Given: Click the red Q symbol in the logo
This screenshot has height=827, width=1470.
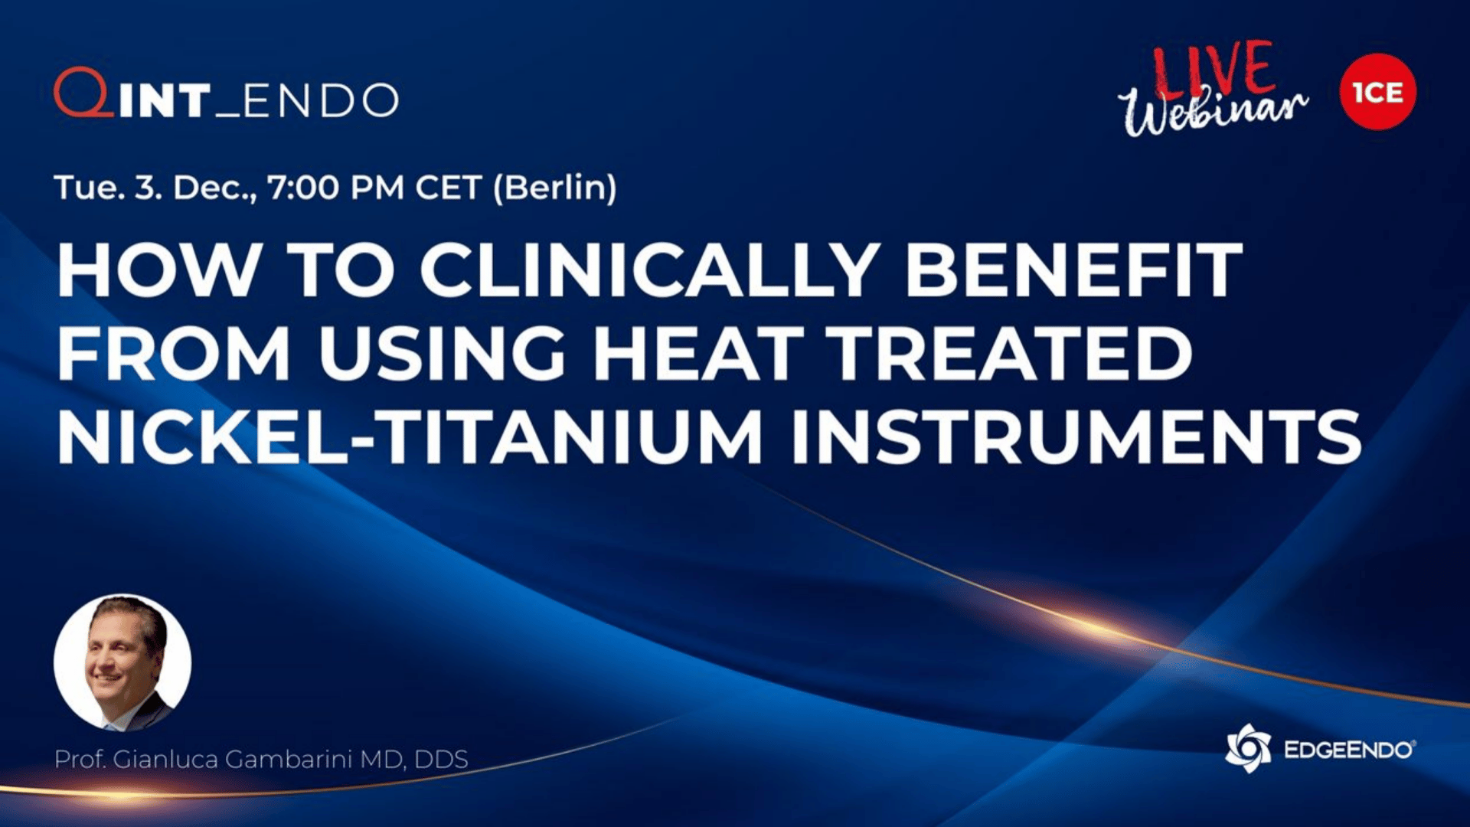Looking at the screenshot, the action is click(83, 93).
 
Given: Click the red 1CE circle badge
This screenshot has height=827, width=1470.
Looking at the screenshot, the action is click(1378, 92).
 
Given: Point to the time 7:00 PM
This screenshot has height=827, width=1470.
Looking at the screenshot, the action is click(336, 188).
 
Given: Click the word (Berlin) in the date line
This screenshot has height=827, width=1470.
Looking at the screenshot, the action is click(555, 188).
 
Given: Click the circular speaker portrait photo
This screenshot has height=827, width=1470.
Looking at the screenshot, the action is click(122, 662).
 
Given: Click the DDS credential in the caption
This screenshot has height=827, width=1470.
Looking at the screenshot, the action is click(441, 760).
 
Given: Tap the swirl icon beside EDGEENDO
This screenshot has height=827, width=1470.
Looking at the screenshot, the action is click(1248, 748).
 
